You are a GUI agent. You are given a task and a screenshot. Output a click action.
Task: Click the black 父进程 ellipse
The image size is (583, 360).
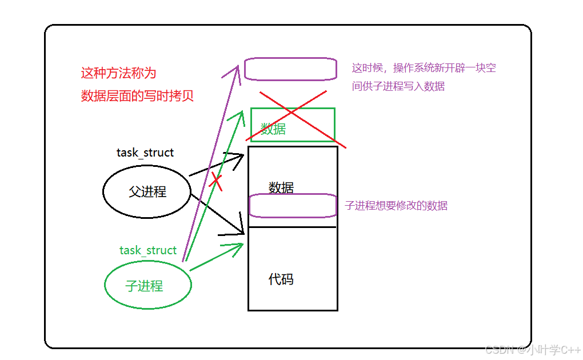[x=147, y=191]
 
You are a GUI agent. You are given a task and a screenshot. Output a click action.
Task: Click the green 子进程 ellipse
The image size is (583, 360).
[x=147, y=285]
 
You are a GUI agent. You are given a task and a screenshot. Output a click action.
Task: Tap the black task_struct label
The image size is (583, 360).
[x=145, y=153]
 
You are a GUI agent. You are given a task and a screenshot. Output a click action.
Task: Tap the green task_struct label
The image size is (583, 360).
[x=148, y=250]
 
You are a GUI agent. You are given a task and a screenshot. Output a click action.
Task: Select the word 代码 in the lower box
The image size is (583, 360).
[x=281, y=279]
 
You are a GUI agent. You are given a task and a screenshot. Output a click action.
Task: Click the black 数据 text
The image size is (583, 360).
[x=281, y=187]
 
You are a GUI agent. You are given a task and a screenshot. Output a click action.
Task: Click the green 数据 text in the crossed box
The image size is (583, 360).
[x=273, y=129]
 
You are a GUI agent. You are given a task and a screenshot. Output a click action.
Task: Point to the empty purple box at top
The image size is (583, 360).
[x=290, y=69]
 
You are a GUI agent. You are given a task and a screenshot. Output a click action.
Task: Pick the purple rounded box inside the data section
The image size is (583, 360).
[x=293, y=206]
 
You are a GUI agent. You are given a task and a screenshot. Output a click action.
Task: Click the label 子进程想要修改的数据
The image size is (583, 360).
[x=396, y=206]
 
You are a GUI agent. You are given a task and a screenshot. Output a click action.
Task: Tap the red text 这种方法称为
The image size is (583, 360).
[x=118, y=73]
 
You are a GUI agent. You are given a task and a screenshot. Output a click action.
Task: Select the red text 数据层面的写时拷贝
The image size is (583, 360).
[x=137, y=95]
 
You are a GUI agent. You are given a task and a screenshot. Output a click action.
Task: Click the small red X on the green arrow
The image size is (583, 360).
[x=215, y=181]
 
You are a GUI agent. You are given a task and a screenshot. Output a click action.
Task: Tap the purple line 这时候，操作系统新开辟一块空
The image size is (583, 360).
[x=424, y=68]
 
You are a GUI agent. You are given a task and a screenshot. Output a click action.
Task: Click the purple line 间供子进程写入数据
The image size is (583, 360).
[x=398, y=86]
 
